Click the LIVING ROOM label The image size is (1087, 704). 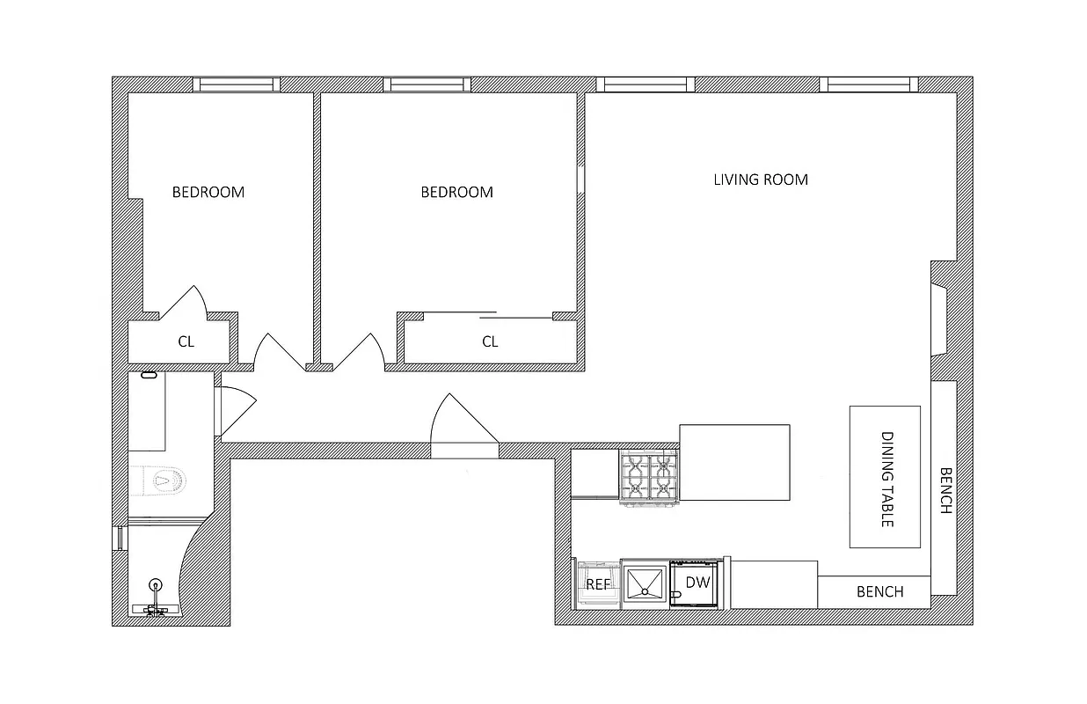[760, 180]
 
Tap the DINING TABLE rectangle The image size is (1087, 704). [885, 476]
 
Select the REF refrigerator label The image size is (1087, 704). [598, 583]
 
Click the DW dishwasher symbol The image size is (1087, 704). [697, 583]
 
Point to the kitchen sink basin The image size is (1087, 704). [645, 583]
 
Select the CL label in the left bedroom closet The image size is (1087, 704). [186, 341]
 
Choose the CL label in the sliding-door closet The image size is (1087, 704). [490, 341]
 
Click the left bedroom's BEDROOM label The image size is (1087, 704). [208, 192]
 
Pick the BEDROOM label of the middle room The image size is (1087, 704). [456, 192]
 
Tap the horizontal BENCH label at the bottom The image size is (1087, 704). [879, 591]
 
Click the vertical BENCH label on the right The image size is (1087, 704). [944, 489]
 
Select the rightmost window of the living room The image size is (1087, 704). [869, 84]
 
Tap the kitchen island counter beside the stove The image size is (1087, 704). [734, 462]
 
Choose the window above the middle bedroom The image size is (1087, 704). [427, 84]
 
